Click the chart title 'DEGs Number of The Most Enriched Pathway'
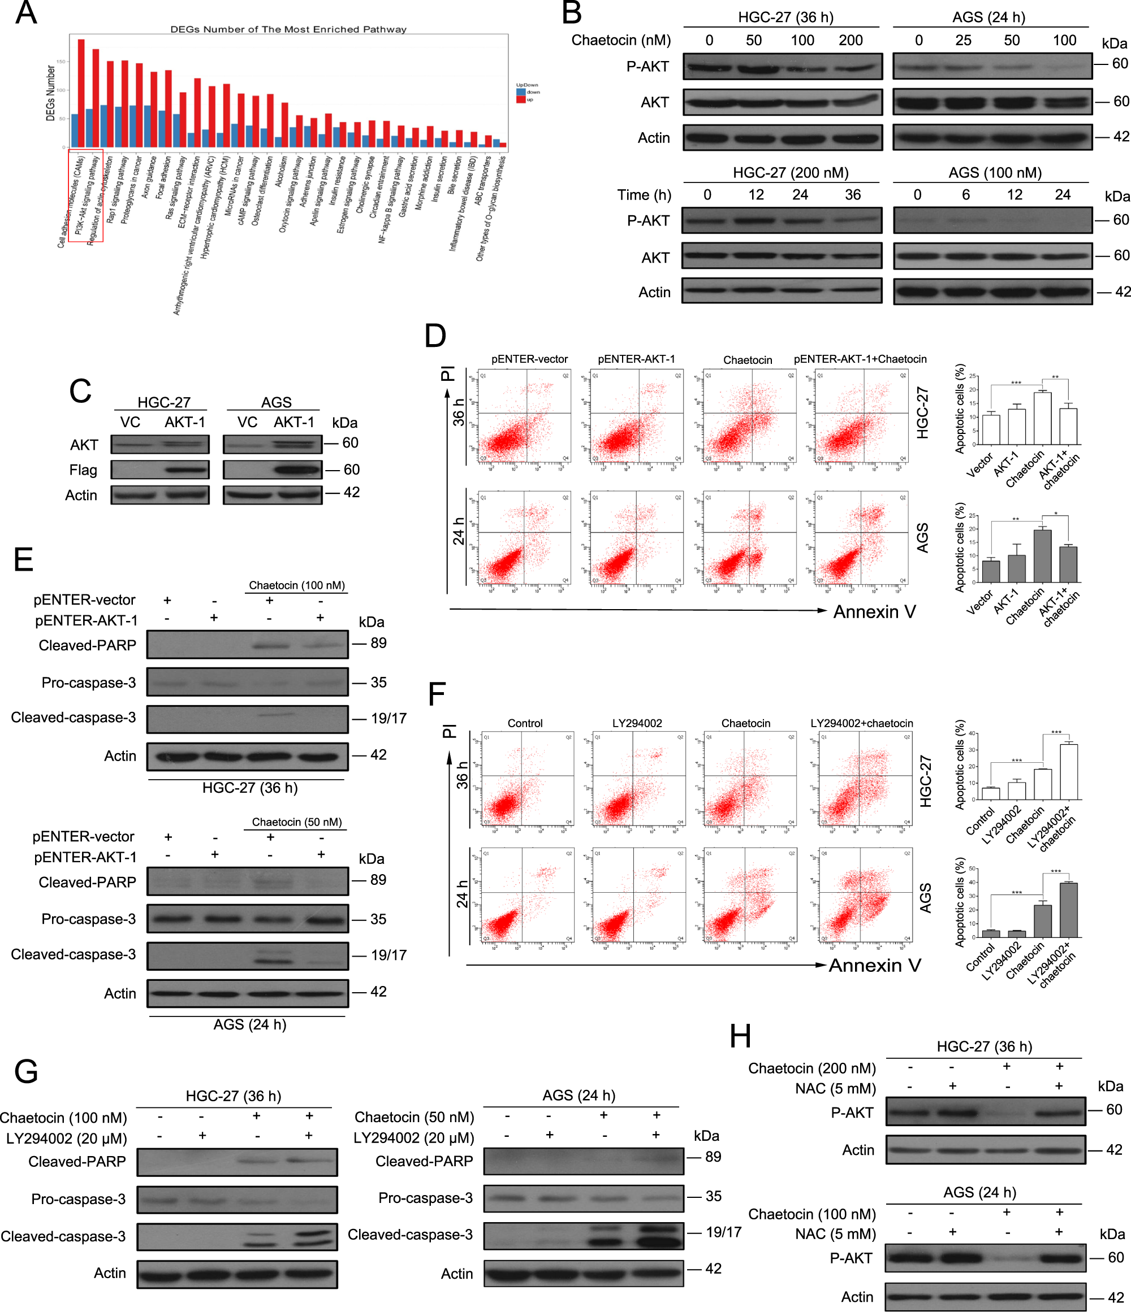[x=288, y=29]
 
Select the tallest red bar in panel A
[x=81, y=93]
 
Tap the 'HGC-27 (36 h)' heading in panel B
[x=785, y=17]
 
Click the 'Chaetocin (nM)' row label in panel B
[x=620, y=41]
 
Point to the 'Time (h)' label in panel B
[x=644, y=195]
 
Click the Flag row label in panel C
[x=83, y=470]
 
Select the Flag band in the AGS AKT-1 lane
[x=298, y=470]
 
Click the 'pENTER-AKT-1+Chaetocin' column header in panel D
[x=860, y=359]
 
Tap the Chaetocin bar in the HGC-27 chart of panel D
[x=1042, y=418]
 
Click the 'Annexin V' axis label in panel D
[x=874, y=612]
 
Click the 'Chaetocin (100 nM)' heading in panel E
[x=296, y=585]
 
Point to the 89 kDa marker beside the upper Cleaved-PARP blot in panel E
[x=378, y=644]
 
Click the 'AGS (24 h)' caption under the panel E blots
[x=249, y=1024]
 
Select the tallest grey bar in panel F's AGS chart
[x=1068, y=910]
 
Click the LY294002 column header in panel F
[x=637, y=723]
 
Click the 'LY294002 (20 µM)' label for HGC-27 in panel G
[x=67, y=1139]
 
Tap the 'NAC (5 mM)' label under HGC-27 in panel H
[x=835, y=1088]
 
